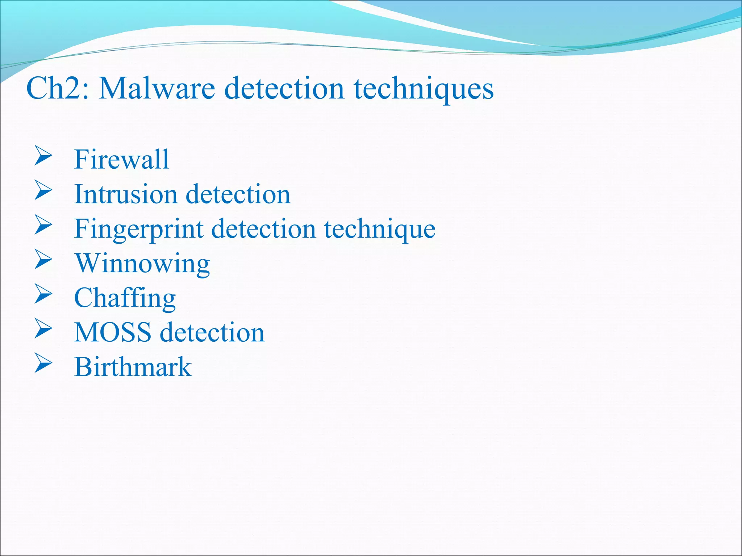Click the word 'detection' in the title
(284, 88)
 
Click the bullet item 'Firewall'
(121, 159)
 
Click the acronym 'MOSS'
(113, 332)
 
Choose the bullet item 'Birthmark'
(133, 367)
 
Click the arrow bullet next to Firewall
(43, 156)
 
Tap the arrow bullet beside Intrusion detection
(43, 191)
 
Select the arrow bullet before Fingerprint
(43, 225)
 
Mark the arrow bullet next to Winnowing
(43, 260)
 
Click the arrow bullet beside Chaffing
(43, 294)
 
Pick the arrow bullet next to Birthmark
(43, 363)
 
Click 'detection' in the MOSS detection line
(212, 332)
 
